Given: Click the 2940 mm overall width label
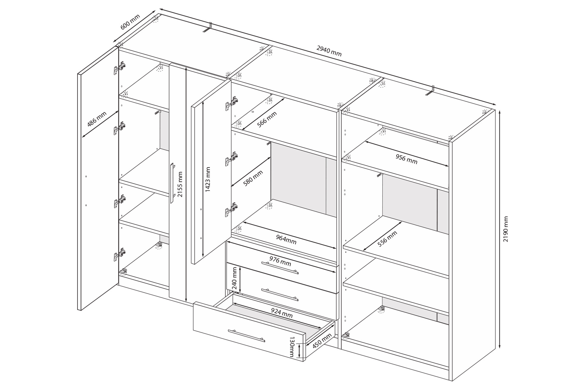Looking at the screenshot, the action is tap(329, 51).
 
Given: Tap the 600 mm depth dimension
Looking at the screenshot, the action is tap(130, 22).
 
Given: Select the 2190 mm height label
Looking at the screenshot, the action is tap(506, 229).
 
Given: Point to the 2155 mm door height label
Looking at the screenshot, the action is tap(180, 184).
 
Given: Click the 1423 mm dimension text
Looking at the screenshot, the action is tap(208, 179).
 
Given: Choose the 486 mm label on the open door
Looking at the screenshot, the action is tap(97, 119).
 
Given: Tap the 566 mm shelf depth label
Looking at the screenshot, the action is tap(267, 119).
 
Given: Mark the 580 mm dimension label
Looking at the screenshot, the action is tap(253, 178).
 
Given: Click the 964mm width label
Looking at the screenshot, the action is tap(286, 239).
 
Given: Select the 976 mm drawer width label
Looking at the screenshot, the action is tap(280, 261).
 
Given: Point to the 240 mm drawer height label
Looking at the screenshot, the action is tap(234, 278).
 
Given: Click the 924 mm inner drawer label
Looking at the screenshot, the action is tap(282, 313).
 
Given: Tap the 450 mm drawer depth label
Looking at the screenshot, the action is tap(322, 340).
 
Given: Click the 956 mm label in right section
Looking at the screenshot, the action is tap(406, 159).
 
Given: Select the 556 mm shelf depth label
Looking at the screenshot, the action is tap(387, 239).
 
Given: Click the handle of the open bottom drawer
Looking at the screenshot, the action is tap(246, 336).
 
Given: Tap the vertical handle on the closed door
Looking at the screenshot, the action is tap(172, 183).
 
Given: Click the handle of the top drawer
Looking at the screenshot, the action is tap(280, 268).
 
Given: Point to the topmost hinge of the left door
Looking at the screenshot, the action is tap(120, 68).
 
